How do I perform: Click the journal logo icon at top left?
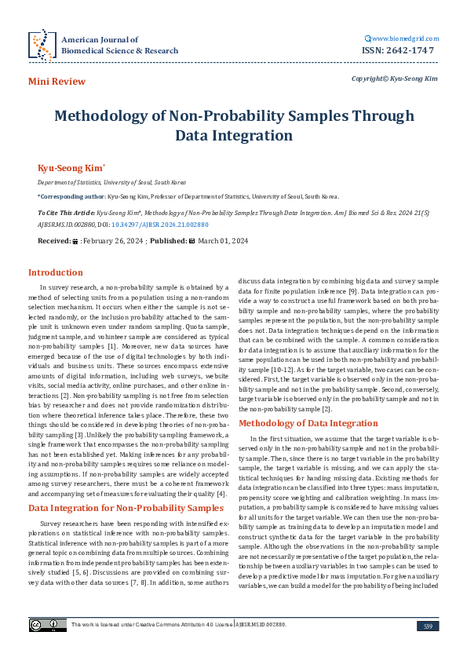pos(41,45)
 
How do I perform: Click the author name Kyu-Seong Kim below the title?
pos(60,167)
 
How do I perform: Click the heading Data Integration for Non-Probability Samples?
pos(115,508)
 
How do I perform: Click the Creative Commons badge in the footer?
pos(37,625)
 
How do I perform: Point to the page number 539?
pos(428,626)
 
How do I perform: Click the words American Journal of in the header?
pos(100,39)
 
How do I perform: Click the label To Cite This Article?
pos(66,212)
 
